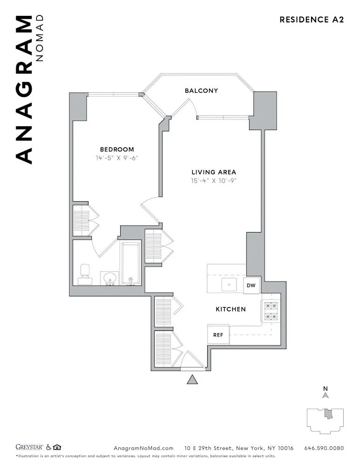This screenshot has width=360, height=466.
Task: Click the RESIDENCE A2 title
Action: tap(311, 20)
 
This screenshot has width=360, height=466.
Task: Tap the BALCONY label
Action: tap(201, 91)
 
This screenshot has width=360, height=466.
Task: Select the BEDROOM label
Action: tap(117, 149)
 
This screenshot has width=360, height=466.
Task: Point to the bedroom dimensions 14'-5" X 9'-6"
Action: tap(117, 158)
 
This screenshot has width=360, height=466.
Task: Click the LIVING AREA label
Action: tap(214, 172)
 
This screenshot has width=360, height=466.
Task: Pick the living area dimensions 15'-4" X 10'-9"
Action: tap(214, 181)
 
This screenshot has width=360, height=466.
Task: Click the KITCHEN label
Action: tap(231, 309)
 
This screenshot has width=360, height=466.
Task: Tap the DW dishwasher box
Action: tap(251, 285)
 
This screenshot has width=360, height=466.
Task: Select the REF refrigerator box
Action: tap(218, 335)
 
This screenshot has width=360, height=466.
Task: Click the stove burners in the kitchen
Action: tap(271, 311)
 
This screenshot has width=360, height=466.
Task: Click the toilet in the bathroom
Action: tap(85, 274)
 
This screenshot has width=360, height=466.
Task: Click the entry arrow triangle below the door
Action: tap(192, 379)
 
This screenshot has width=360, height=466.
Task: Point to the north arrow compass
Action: tap(326, 394)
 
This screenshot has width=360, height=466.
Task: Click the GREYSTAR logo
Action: tap(30, 448)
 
